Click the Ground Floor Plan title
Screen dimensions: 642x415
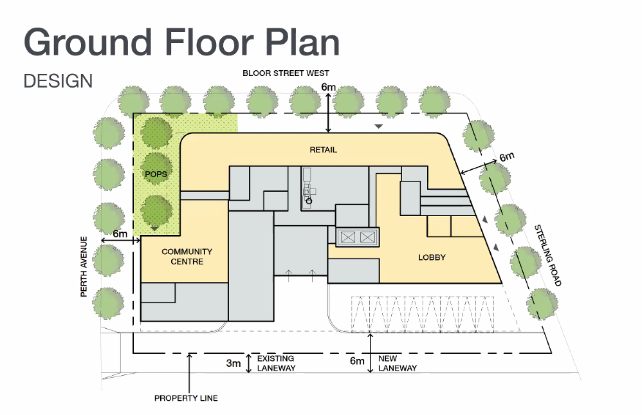coord(182,42)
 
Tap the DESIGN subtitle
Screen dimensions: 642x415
coord(58,81)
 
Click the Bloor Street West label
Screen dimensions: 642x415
coord(286,73)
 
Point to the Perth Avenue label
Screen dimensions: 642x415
coord(84,267)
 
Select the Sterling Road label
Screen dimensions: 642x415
coord(547,255)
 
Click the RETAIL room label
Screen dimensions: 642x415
coord(323,150)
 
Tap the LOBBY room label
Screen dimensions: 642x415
coord(432,257)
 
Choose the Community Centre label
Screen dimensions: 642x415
coord(187,257)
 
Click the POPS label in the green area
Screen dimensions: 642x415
coord(156,174)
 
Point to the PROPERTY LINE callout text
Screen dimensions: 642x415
coord(186,398)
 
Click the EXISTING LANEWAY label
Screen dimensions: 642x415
coord(276,364)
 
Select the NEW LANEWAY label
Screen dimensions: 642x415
coord(397,364)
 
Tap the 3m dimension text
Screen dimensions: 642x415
coord(234,364)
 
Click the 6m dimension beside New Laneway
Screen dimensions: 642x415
coord(357,361)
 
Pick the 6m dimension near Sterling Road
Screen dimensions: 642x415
coord(507,157)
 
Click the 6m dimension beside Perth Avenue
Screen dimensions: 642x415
coord(120,234)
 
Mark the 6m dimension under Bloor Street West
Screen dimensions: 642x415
coord(328,87)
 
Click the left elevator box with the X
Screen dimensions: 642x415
coord(348,237)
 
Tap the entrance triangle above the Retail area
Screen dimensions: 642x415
coord(379,127)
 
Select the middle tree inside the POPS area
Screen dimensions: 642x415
coord(156,169)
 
